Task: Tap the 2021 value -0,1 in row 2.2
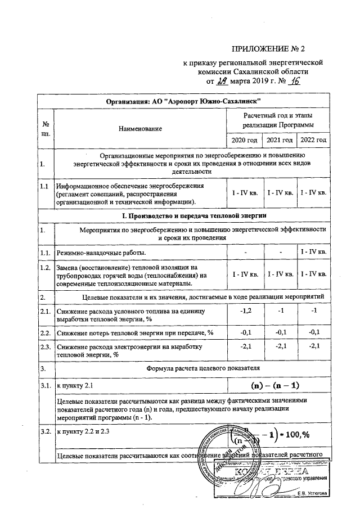click(280, 332)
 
